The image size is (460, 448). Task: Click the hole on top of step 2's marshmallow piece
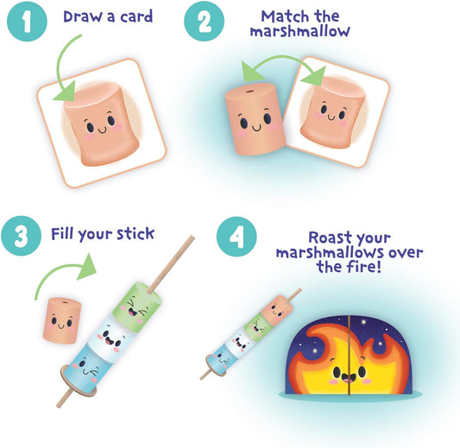pos(249,88)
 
